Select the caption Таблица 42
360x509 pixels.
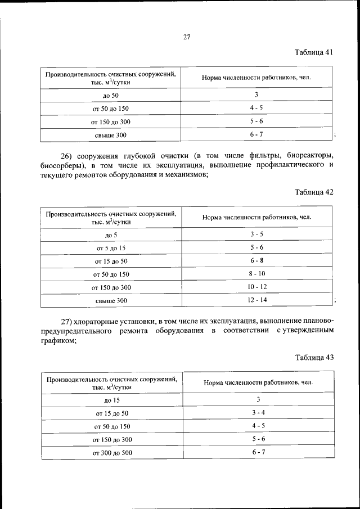[314, 192]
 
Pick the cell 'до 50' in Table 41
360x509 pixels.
[111, 96]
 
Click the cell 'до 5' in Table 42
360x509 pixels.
[111, 235]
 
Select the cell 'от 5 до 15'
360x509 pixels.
[111, 248]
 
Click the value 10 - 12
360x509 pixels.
[256, 287]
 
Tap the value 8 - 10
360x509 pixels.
[258, 274]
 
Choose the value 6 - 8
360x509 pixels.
[258, 261]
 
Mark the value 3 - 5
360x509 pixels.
[258, 234]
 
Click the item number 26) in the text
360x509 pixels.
[67, 155]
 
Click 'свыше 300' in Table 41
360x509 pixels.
[111, 135]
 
